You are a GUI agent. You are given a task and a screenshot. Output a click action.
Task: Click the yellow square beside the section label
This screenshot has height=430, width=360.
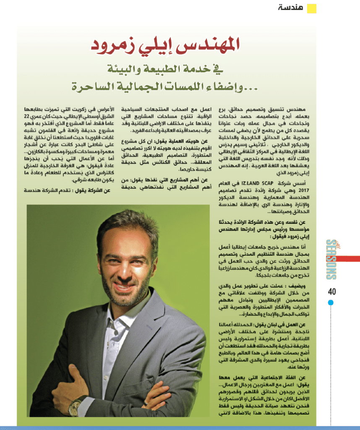tap(311, 8)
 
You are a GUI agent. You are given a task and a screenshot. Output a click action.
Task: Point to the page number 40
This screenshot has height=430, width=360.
tap(331, 291)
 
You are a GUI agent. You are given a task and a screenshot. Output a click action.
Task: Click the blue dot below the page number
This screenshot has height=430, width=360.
tap(331, 302)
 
